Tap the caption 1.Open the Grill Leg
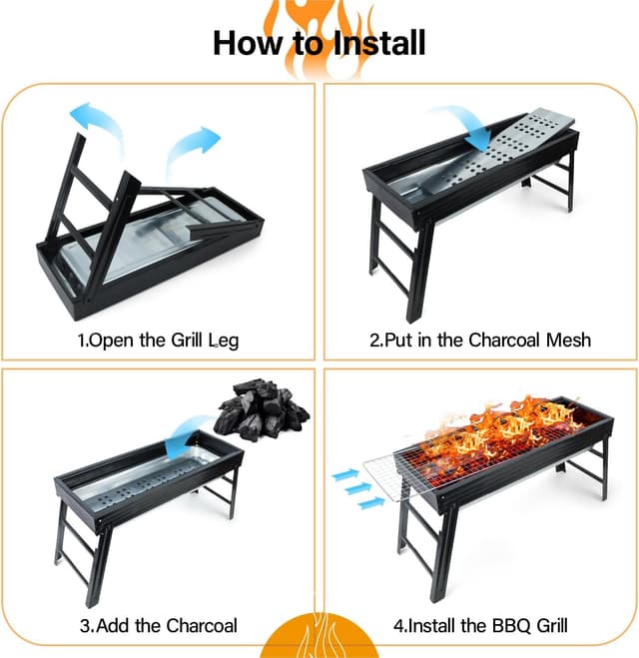(159, 340)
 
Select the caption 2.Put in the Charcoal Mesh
(480, 340)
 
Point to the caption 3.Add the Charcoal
(159, 626)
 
